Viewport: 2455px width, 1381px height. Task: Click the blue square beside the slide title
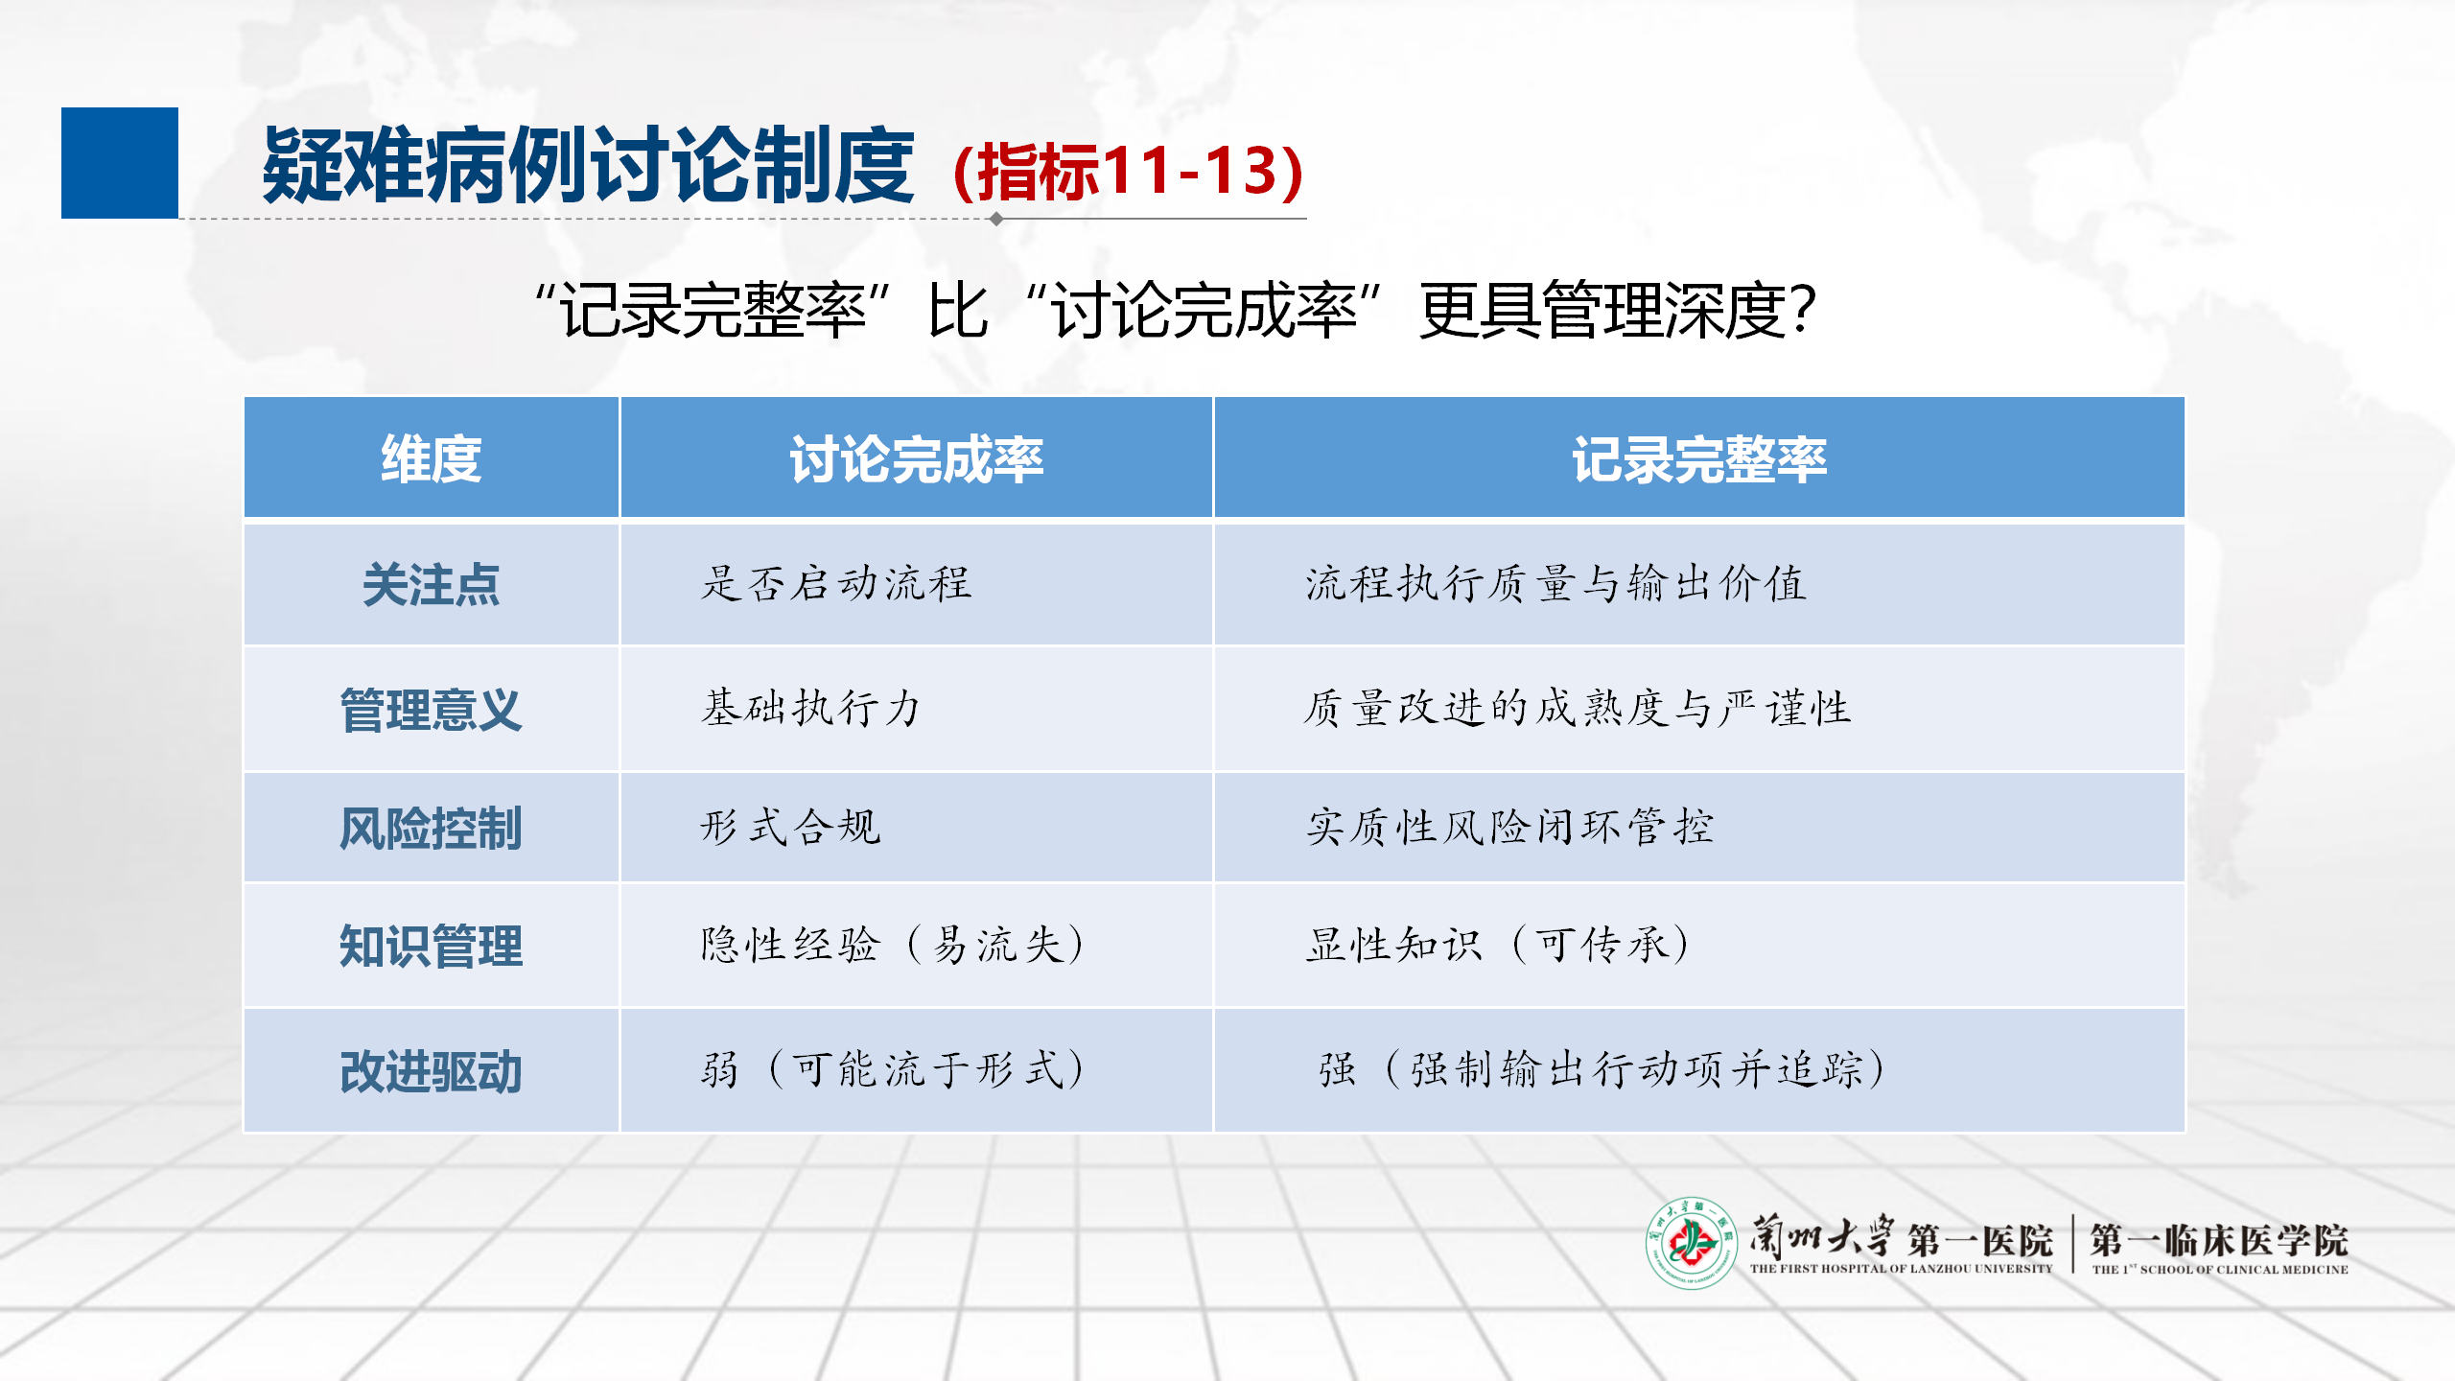pyautogui.click(x=120, y=163)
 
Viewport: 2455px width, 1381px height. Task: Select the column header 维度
pyautogui.click(x=432, y=458)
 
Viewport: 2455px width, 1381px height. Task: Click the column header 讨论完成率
pyautogui.click(x=917, y=458)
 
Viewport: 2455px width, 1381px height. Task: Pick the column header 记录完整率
pyautogui.click(x=1699, y=458)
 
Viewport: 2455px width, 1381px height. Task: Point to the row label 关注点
pyautogui.click(x=432, y=584)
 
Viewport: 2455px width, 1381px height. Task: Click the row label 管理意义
pyautogui.click(x=432, y=710)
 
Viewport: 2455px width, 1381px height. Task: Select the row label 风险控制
pyautogui.click(x=432, y=828)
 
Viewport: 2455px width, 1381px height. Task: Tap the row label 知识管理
pyautogui.click(x=432, y=946)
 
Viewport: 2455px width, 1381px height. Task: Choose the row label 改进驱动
pyautogui.click(x=432, y=1071)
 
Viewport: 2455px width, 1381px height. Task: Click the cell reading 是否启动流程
pyautogui.click(x=836, y=583)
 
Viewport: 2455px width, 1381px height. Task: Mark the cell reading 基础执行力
pyautogui.click(x=811, y=709)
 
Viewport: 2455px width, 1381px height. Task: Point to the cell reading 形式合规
pyautogui.click(x=791, y=827)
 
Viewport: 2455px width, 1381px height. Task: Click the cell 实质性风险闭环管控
pyautogui.click(x=1510, y=827)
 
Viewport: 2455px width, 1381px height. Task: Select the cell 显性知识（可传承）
pyautogui.click(x=1498, y=945)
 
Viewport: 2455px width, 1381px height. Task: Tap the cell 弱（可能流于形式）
pyautogui.click(x=893, y=1069)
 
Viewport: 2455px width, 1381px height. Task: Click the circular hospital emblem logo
pyautogui.click(x=1692, y=1243)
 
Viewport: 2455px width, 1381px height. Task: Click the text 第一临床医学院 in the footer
pyautogui.click(x=2219, y=1240)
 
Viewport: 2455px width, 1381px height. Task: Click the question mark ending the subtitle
pyautogui.click(x=1802, y=310)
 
